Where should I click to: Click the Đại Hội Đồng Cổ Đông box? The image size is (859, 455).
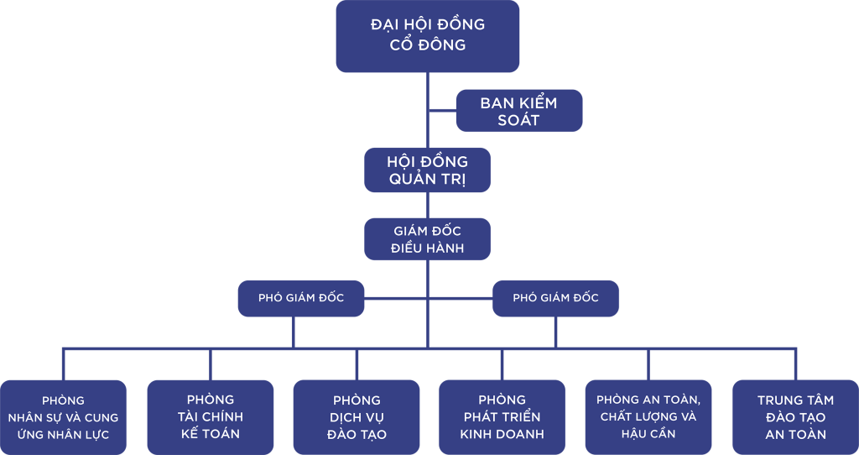(x=427, y=36)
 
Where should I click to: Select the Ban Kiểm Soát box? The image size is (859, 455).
(x=518, y=111)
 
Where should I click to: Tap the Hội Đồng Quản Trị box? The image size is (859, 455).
(x=427, y=170)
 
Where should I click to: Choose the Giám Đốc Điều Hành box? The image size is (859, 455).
(x=427, y=239)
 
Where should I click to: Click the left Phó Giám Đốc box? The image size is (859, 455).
(x=301, y=298)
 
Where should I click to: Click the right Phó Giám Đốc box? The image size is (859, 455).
(x=555, y=298)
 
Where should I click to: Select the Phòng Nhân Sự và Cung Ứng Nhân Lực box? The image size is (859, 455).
(x=63, y=417)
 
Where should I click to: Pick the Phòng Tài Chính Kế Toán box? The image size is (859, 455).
(x=210, y=416)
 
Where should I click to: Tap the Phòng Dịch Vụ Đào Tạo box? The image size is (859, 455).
(x=357, y=417)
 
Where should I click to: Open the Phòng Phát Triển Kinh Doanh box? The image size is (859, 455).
(x=502, y=417)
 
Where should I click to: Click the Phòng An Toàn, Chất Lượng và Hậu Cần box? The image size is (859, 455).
(x=648, y=416)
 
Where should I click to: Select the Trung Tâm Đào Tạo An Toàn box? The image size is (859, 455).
(x=795, y=417)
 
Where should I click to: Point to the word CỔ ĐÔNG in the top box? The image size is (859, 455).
(x=428, y=45)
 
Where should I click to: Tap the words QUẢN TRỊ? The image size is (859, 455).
(x=427, y=180)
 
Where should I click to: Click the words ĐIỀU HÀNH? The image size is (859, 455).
(x=427, y=248)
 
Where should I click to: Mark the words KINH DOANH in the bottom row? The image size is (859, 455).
(x=502, y=435)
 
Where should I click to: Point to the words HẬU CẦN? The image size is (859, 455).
(x=648, y=434)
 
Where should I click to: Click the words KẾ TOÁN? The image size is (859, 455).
(x=210, y=434)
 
